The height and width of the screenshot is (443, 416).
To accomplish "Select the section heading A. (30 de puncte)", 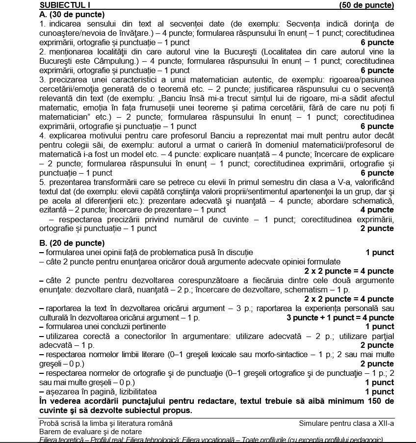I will click(x=72, y=15).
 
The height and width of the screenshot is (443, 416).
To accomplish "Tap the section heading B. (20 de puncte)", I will click(x=72, y=243).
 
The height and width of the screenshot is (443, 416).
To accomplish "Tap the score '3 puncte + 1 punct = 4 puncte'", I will click(x=340, y=317).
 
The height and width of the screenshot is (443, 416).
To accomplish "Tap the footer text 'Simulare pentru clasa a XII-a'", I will click(x=346, y=423).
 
